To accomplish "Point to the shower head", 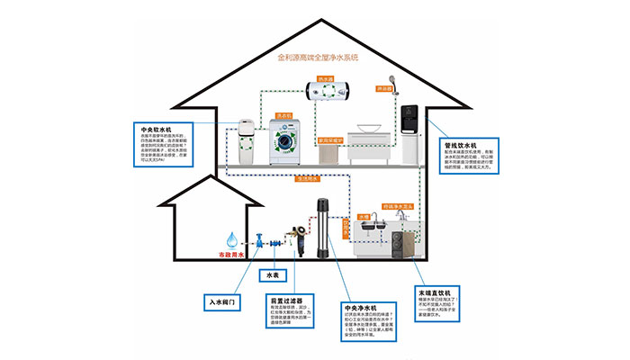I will tap(391, 81).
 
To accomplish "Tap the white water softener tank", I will tap(247, 139).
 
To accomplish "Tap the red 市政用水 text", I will tap(234, 255).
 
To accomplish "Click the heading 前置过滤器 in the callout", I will tap(285, 300).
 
